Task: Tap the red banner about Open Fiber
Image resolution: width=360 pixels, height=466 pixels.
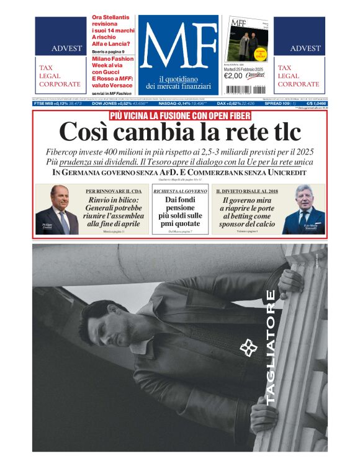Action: [179, 115]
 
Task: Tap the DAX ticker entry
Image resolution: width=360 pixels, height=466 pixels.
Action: [235, 104]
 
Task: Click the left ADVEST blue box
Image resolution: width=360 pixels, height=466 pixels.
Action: [60, 37]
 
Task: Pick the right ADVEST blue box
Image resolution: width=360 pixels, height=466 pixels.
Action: [299, 37]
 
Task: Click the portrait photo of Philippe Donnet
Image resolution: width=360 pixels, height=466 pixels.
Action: [56, 209]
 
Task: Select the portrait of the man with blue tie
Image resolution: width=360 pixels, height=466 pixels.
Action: [304, 209]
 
